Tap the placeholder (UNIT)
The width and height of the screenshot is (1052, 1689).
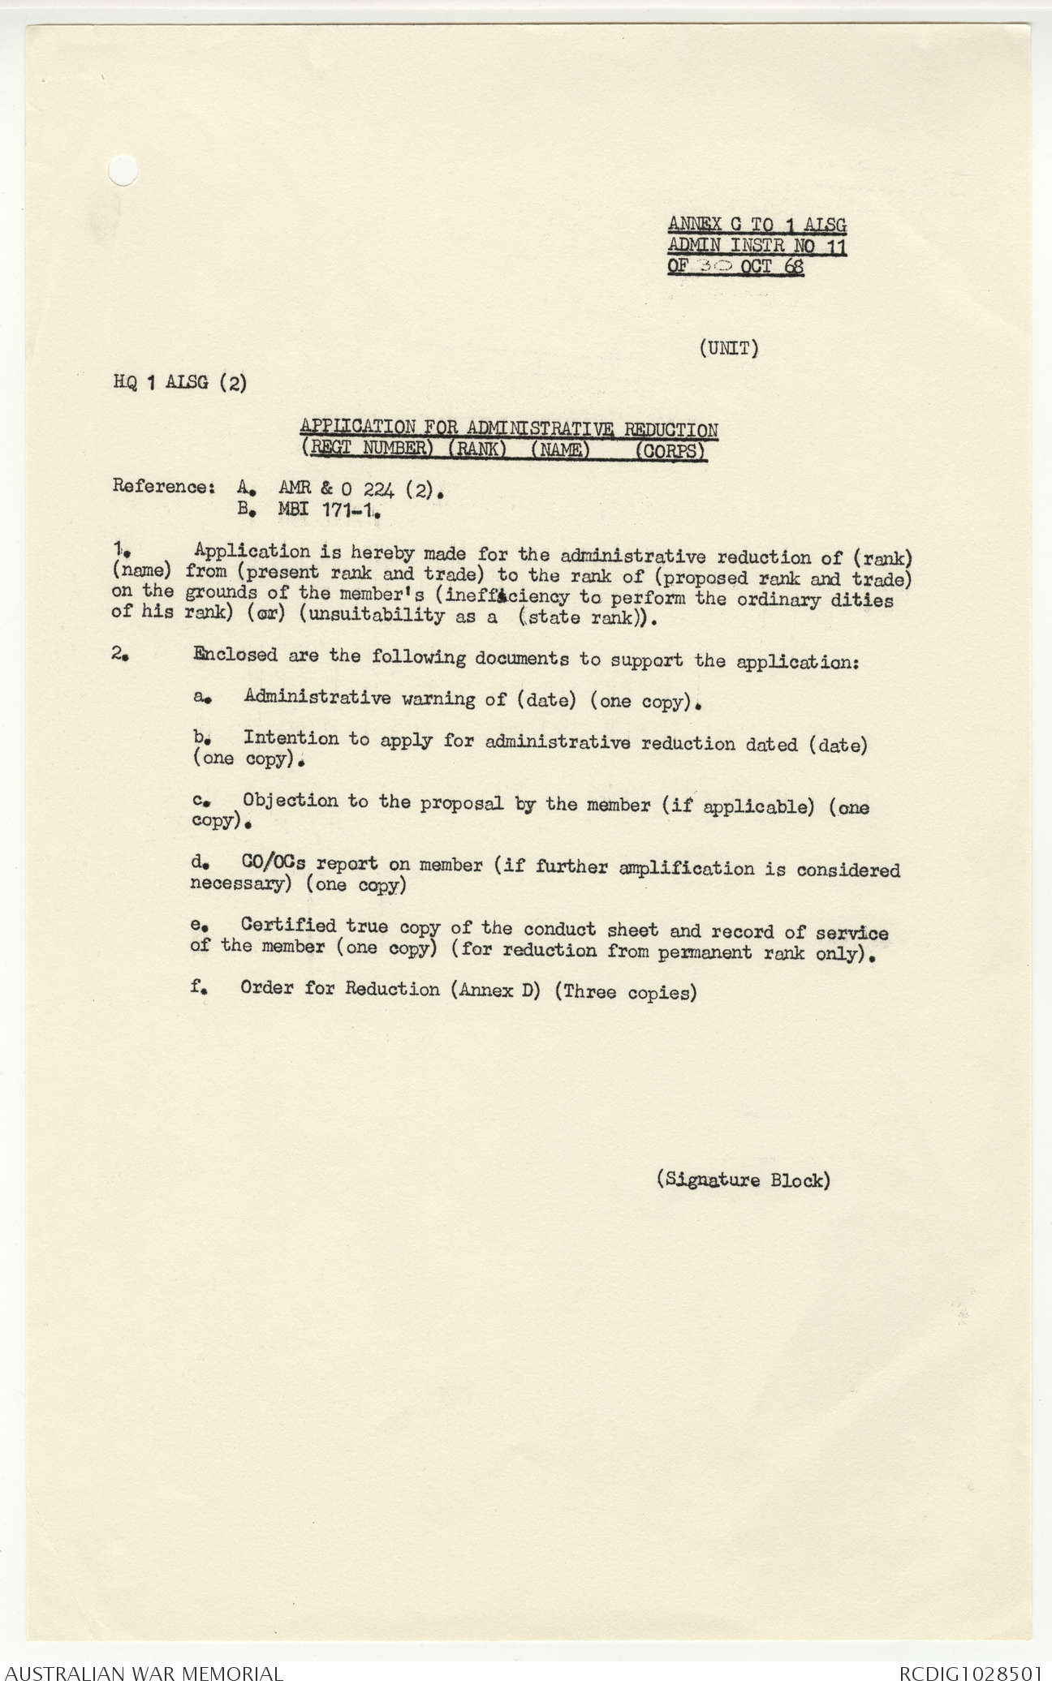tap(728, 349)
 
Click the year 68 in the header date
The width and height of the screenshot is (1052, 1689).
tap(793, 268)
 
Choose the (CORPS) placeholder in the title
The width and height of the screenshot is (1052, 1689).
tap(670, 451)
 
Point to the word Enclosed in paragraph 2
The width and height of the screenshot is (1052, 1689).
tap(235, 655)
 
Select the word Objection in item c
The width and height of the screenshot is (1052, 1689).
tap(290, 801)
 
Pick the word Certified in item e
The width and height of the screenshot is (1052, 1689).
tap(288, 926)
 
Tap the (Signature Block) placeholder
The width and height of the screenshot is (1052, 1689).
tap(743, 1180)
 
